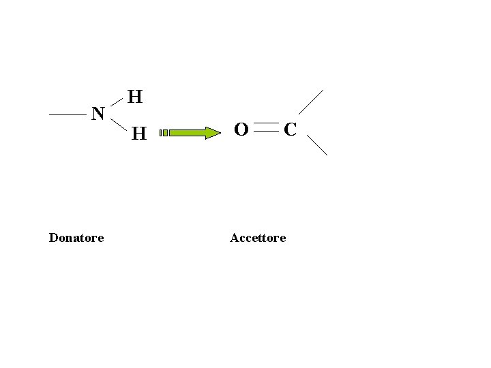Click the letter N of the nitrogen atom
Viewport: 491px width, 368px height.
click(98, 114)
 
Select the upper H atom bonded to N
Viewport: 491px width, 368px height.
click(135, 97)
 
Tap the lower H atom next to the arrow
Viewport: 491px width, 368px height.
click(139, 134)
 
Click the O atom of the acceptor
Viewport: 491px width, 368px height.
click(241, 129)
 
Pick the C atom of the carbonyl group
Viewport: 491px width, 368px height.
click(290, 129)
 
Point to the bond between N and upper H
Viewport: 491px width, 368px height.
click(117, 102)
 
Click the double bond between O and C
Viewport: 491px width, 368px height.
click(266, 127)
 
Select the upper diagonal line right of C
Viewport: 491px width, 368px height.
click(311, 102)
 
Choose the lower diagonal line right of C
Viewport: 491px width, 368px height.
click(317, 144)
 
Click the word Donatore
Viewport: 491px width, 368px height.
click(76, 238)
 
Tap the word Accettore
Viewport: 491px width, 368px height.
click(258, 238)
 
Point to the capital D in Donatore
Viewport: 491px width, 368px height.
click(53, 238)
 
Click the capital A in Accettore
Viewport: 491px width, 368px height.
click(234, 238)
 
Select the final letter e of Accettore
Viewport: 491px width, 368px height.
click(283, 239)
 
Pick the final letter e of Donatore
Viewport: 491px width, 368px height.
click(101, 239)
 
